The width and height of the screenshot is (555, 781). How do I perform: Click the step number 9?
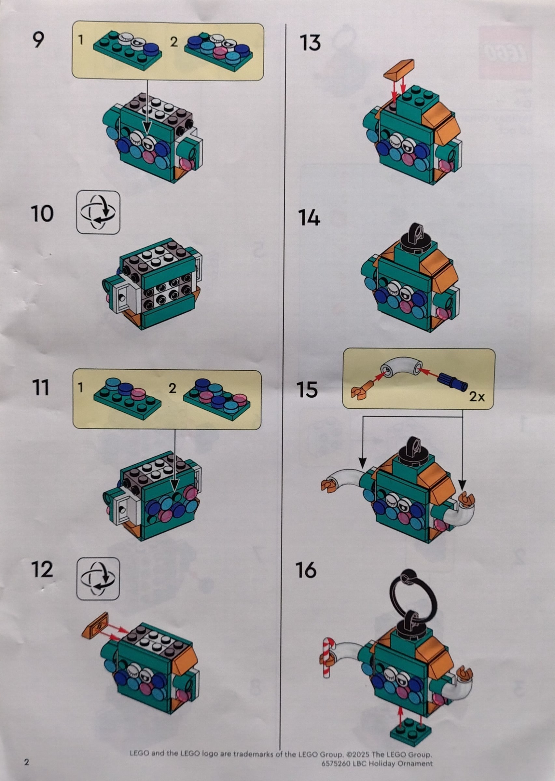point(38,40)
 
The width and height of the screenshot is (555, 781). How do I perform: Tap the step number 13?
point(310,43)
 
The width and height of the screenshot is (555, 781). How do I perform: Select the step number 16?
point(306,569)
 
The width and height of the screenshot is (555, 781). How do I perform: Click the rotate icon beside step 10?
point(98,212)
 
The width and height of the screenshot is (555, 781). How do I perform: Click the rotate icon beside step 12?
point(98,579)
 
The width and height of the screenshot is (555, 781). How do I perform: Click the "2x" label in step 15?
point(477,397)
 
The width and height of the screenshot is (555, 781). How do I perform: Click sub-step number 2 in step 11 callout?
point(173,388)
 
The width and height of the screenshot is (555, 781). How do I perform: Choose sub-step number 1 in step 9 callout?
point(81,40)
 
